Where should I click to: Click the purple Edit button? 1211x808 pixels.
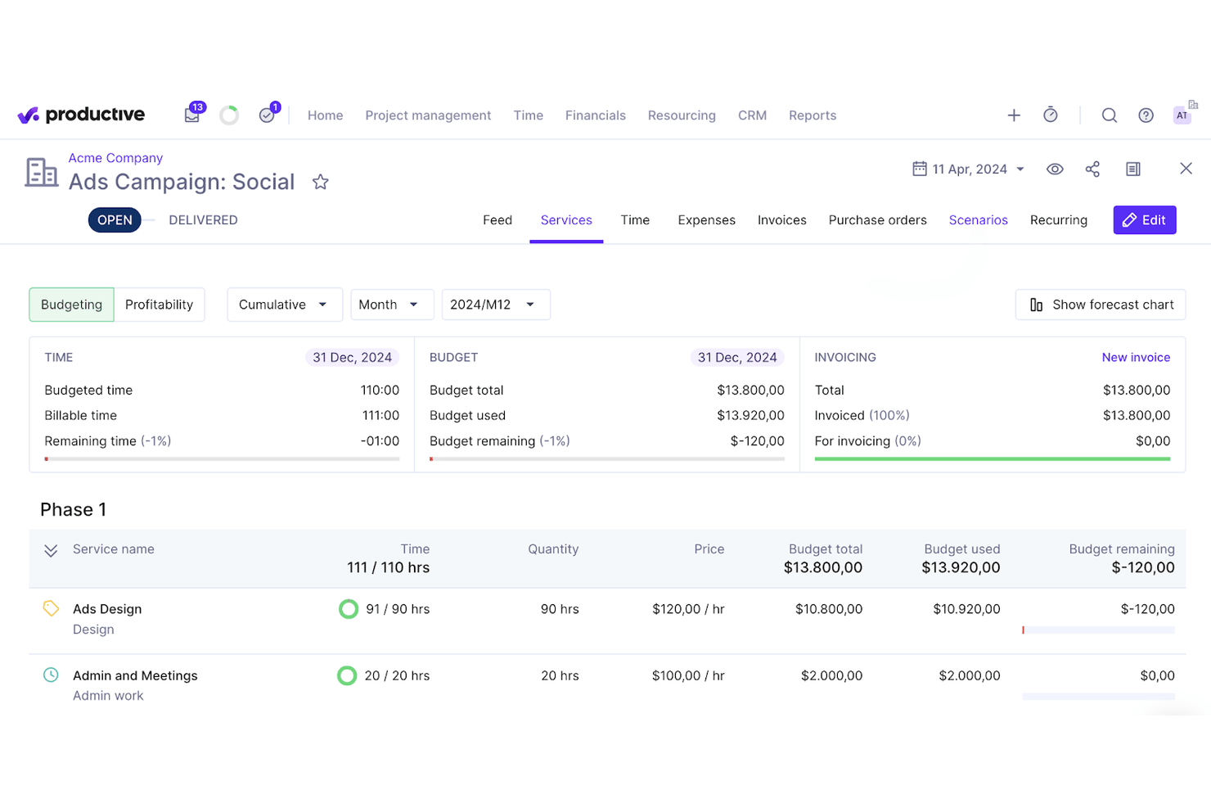[x=1144, y=219]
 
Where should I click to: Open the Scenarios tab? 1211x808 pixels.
[x=978, y=219]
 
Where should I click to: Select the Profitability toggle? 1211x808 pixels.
[x=159, y=305]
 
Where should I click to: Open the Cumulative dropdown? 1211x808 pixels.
[x=285, y=305]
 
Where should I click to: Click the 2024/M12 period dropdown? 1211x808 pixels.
[x=496, y=305]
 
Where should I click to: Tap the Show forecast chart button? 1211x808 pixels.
[x=1101, y=305]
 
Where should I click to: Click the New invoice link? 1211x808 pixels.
[x=1136, y=357]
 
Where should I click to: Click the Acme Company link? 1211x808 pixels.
[x=115, y=157]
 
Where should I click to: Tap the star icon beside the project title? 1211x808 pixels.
[x=321, y=182]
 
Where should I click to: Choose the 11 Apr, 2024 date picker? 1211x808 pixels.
[x=968, y=169]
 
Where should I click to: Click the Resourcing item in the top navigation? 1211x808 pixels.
[x=682, y=115]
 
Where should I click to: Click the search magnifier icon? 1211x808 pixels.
[x=1110, y=115]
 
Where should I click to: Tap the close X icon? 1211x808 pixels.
[x=1186, y=169]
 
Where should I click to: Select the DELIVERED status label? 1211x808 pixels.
[x=203, y=219]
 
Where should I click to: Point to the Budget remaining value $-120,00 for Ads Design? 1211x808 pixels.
[x=1147, y=608]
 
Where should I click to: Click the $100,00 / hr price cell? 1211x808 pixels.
[x=687, y=675]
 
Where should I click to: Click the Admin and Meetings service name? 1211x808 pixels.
[x=135, y=675]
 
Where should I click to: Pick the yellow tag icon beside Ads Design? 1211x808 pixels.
[x=51, y=608]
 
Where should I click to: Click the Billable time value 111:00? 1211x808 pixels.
[x=380, y=415]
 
